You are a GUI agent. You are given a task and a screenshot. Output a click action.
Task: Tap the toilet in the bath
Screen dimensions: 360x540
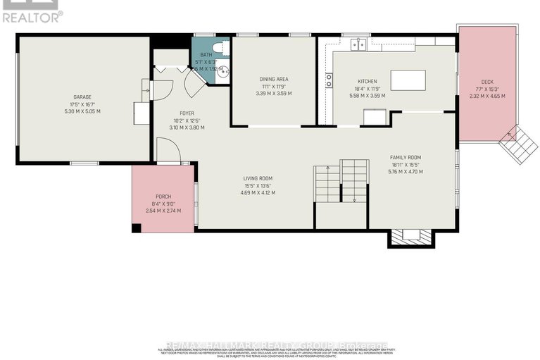(218, 48)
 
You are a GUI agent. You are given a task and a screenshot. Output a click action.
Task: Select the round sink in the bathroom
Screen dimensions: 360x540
(223, 71)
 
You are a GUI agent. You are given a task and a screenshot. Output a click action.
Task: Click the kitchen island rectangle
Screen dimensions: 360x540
(408, 80)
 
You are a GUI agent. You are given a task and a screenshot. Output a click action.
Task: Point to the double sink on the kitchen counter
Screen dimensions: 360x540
(359, 44)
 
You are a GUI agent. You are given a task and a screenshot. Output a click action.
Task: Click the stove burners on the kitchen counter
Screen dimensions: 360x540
(329, 80)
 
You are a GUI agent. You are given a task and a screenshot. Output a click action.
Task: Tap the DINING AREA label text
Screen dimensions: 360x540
(273, 79)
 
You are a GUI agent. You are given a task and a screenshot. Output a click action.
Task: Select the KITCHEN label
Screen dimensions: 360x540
(368, 82)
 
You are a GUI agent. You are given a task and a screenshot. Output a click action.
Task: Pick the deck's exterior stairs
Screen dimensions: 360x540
(518, 143)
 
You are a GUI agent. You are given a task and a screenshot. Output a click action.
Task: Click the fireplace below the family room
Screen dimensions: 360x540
(408, 239)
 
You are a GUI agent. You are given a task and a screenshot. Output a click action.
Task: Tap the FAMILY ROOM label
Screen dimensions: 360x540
(406, 157)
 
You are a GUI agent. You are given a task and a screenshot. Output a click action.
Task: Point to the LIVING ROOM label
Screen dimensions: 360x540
(258, 178)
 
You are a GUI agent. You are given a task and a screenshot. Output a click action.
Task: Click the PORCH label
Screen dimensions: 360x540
(163, 197)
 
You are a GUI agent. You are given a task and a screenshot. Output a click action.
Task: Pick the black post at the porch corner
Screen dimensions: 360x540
(137, 228)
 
